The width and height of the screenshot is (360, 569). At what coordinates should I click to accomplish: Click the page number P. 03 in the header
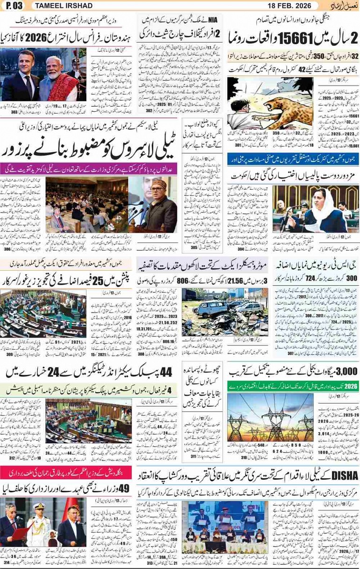pos(14,6)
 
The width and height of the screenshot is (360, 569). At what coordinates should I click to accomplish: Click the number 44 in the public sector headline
pos(162,372)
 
